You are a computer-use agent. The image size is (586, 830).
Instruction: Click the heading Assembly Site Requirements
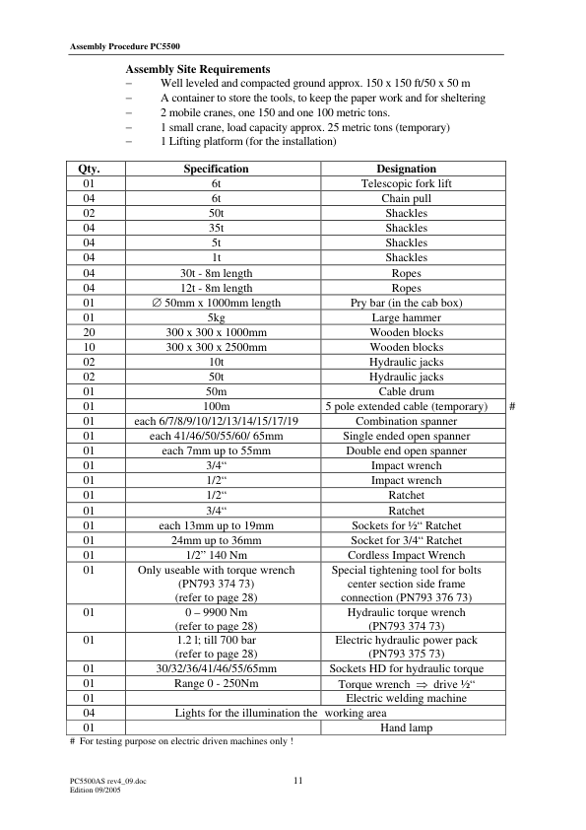[197, 70]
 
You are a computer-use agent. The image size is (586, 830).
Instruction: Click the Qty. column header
[89, 170]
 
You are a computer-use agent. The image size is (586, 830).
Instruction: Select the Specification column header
[216, 170]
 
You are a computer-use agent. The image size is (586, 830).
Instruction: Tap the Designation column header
[406, 170]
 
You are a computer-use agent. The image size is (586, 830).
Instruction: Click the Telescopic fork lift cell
[406, 184]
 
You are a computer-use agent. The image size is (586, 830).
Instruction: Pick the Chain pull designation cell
[406, 199]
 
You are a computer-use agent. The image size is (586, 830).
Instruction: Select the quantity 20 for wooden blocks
[89, 333]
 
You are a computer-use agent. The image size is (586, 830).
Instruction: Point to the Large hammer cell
[406, 318]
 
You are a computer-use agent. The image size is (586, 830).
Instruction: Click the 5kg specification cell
[216, 318]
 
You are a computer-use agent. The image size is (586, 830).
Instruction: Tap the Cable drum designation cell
[406, 392]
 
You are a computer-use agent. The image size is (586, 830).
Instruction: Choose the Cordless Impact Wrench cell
[406, 555]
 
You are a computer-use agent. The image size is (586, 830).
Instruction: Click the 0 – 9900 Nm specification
[216, 612]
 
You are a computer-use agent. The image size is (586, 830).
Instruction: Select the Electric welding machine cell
[406, 699]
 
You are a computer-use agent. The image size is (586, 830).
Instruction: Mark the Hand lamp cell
[406, 728]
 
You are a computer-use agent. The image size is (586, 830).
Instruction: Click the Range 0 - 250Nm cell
[216, 684]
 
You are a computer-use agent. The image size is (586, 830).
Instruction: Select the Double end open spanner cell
[406, 450]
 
